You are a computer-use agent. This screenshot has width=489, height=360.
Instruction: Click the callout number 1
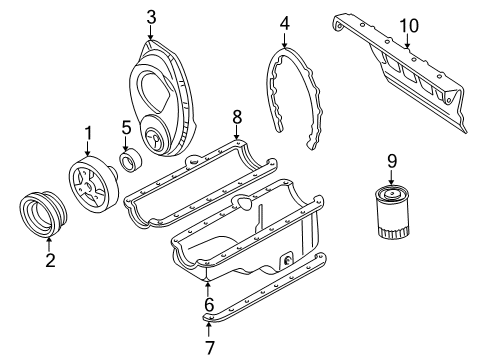tap(87, 131)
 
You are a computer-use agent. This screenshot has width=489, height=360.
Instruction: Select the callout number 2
tap(49, 261)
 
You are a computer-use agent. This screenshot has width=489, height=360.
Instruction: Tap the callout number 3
tap(150, 16)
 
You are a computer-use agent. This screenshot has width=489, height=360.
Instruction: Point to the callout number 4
tap(284, 22)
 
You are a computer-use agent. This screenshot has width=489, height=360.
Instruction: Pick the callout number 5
tap(126, 127)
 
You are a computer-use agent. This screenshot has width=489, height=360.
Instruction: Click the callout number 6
tap(209, 305)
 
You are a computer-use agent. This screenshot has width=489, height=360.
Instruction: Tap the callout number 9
tap(392, 159)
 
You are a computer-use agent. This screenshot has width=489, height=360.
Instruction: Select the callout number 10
tap(408, 24)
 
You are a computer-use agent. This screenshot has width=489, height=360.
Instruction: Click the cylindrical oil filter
tap(391, 225)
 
